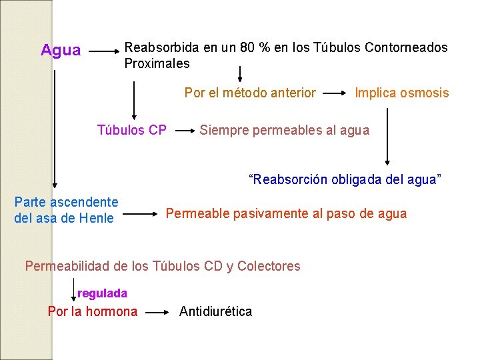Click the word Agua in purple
61,51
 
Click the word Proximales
157,64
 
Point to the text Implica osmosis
402,93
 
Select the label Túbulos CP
131,130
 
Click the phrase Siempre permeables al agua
284,130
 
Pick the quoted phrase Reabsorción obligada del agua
345,180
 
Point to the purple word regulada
102,293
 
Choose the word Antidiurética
215,311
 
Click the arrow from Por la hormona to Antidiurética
159,311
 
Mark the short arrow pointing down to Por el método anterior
241,73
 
